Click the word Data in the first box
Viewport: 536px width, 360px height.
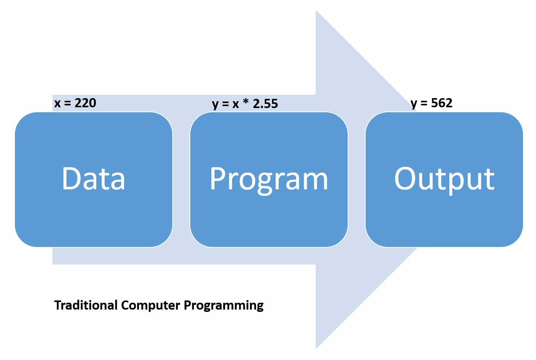point(94,179)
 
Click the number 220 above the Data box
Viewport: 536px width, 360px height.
point(85,103)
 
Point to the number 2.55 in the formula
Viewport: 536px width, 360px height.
point(265,103)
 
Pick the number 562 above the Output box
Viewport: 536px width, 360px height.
point(442,103)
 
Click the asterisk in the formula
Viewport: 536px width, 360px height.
point(246,102)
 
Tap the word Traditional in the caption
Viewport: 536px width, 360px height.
point(86,305)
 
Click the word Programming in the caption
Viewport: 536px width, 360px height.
point(223,306)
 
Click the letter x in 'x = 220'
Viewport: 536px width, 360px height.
point(57,103)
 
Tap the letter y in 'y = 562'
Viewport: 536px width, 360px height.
point(414,104)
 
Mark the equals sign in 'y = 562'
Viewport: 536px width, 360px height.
point(424,103)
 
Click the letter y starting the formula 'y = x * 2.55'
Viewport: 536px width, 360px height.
point(215,105)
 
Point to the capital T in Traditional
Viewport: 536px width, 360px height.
point(58,305)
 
